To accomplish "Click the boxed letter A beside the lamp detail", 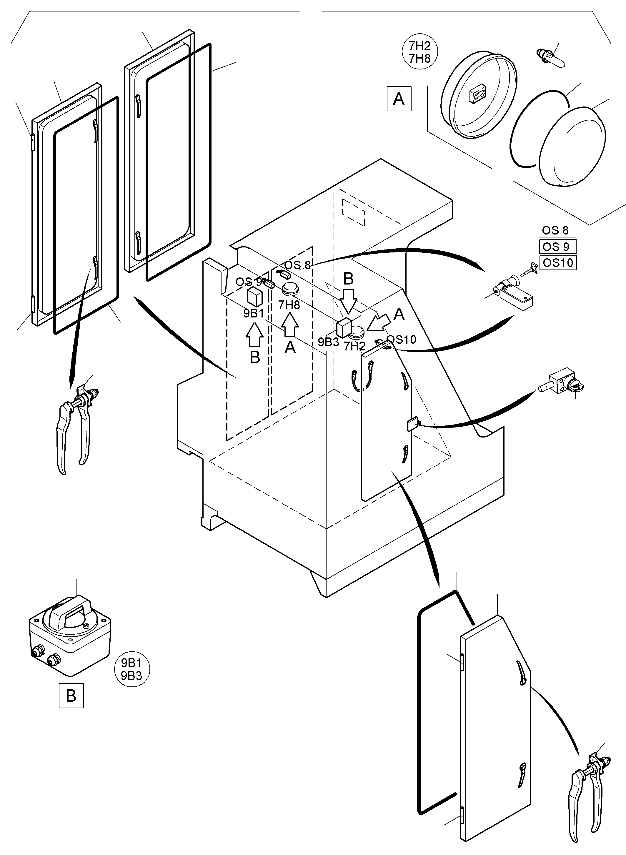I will [x=399, y=99].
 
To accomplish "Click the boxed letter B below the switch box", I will [x=71, y=696].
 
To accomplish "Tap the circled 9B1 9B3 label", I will [x=131, y=669].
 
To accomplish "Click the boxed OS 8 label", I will [x=557, y=230].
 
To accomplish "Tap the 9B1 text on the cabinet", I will [x=254, y=313].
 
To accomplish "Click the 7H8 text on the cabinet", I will [x=289, y=305].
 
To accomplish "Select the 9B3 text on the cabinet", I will [x=328, y=342].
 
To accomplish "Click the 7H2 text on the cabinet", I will [x=355, y=346].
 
